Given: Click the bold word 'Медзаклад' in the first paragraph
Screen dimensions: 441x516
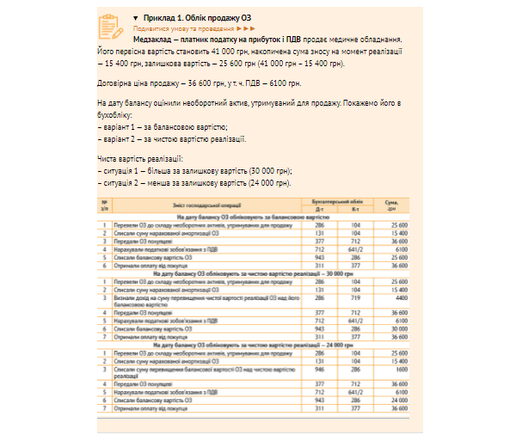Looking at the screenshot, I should pyautogui.click(x=156, y=40).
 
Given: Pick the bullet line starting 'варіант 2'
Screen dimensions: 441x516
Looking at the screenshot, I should pyautogui.click(x=171, y=138).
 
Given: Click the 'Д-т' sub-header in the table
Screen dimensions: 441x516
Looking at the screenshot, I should pyautogui.click(x=319, y=208).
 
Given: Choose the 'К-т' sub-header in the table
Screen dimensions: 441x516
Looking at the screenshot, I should pyautogui.click(x=355, y=208).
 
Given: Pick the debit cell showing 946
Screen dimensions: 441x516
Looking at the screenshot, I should pyautogui.click(x=319, y=369).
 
